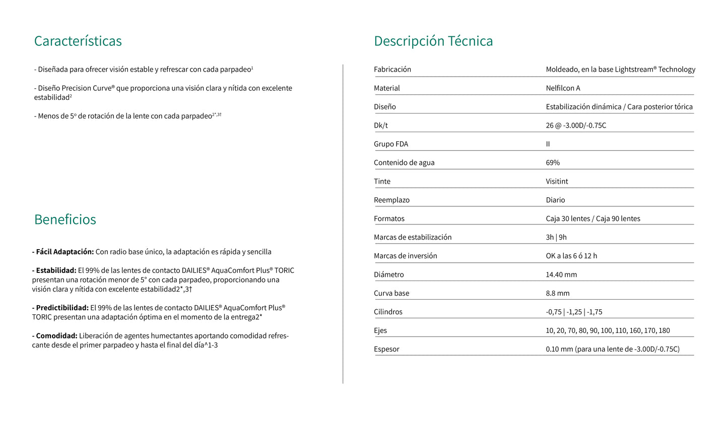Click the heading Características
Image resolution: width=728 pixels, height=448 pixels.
click(78, 41)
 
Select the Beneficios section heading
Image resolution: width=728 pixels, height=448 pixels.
click(65, 219)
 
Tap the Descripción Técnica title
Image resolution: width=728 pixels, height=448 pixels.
click(433, 41)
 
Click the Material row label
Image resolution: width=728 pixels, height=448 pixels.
click(387, 88)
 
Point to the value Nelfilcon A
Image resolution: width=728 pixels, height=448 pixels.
click(563, 88)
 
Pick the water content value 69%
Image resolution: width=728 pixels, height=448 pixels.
click(553, 163)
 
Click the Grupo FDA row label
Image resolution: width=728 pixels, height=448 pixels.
click(391, 144)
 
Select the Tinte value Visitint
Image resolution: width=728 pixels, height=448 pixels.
click(557, 182)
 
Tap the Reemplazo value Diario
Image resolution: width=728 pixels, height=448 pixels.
click(555, 200)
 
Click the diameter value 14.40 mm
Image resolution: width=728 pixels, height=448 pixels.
click(561, 275)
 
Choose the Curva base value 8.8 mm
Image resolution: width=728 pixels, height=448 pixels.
click(558, 294)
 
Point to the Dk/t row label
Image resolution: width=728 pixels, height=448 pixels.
click(381, 126)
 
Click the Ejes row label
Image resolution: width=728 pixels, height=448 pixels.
click(380, 331)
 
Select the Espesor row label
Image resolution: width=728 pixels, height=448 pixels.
click(386, 350)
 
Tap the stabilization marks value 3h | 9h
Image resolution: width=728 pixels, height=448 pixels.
click(556, 238)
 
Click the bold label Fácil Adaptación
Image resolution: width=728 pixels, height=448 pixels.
click(64, 252)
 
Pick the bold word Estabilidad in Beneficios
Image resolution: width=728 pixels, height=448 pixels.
click(56, 270)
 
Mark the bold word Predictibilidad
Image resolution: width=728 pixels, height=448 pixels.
click(62, 308)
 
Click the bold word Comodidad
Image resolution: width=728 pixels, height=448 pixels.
click(56, 336)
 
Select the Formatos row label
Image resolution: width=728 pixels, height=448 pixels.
click(389, 219)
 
